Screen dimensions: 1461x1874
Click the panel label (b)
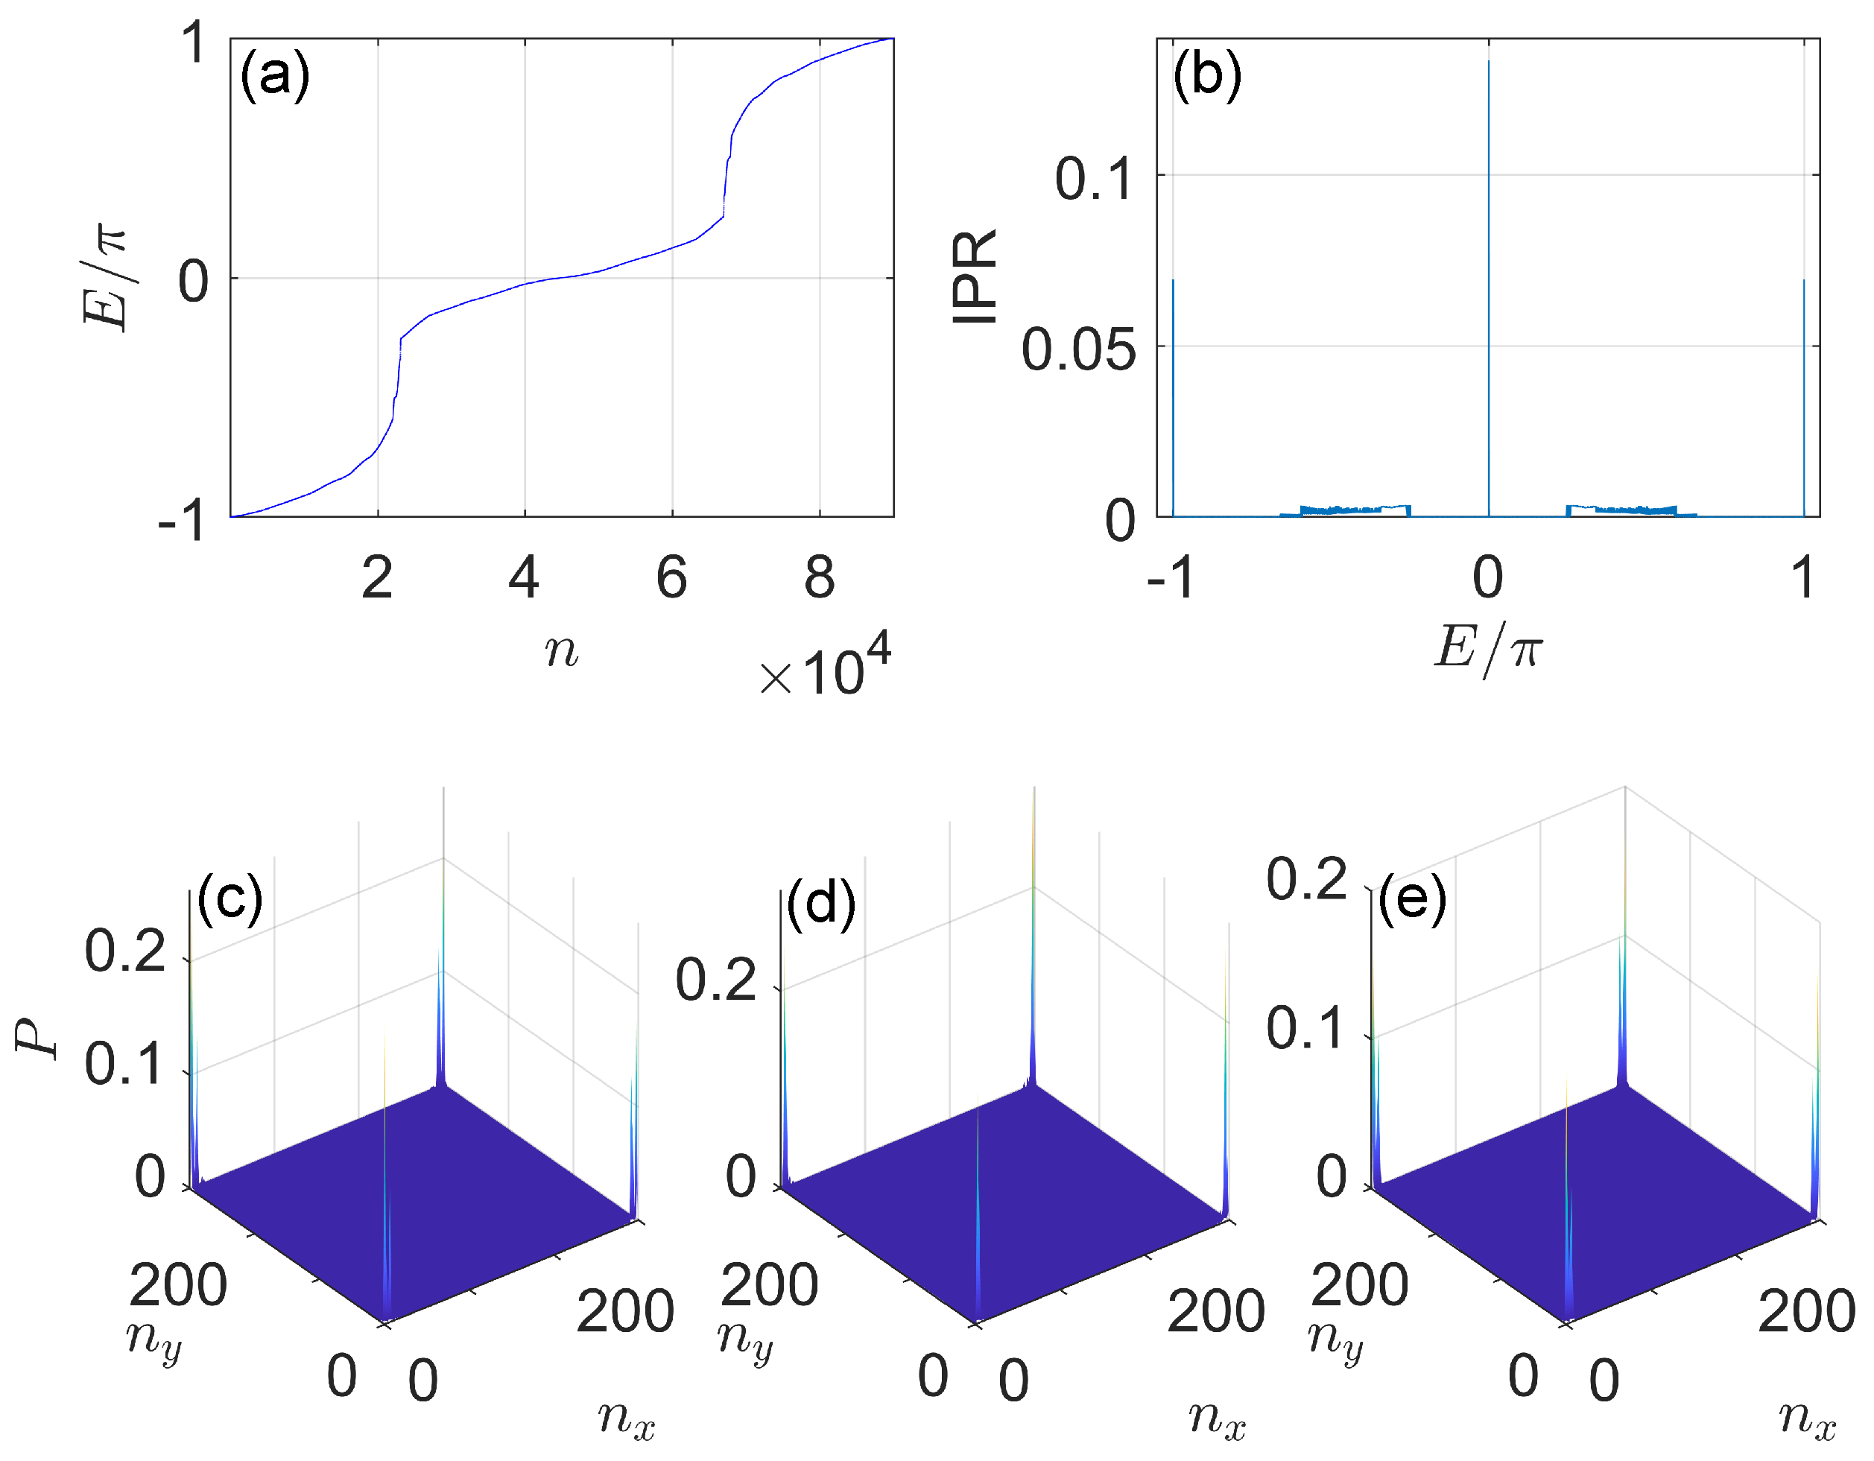tap(1206, 75)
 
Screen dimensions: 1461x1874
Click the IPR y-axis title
tap(975, 276)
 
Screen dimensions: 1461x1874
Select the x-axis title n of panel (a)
tap(561, 650)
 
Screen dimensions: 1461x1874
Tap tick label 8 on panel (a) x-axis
tap(819, 577)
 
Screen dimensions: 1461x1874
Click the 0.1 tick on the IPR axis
tap(1094, 180)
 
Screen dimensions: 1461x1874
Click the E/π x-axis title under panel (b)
tap(1488, 649)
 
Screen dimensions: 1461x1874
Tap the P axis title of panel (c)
tap(39, 1040)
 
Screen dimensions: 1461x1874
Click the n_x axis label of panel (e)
tap(1806, 1417)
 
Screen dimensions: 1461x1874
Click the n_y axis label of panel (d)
tap(745, 1338)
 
